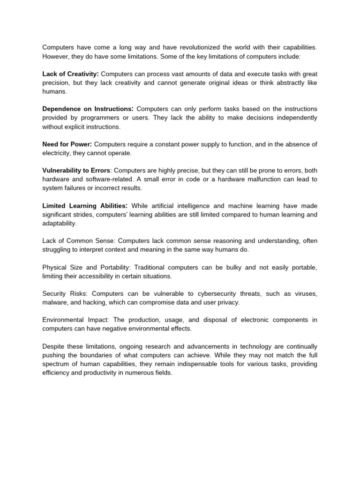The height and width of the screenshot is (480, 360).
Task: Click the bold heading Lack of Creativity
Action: pyautogui.click(x=70, y=74)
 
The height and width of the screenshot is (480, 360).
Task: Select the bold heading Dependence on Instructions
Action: pyautogui.click(x=88, y=109)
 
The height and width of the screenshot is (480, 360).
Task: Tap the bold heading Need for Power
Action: pyautogui.click(x=67, y=144)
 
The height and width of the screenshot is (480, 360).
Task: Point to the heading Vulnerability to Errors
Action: pyautogui.click(x=76, y=170)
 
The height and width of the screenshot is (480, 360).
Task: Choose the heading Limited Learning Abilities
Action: pyautogui.click(x=84, y=205)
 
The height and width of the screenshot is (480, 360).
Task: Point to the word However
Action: pyautogui.click(x=56, y=56)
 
